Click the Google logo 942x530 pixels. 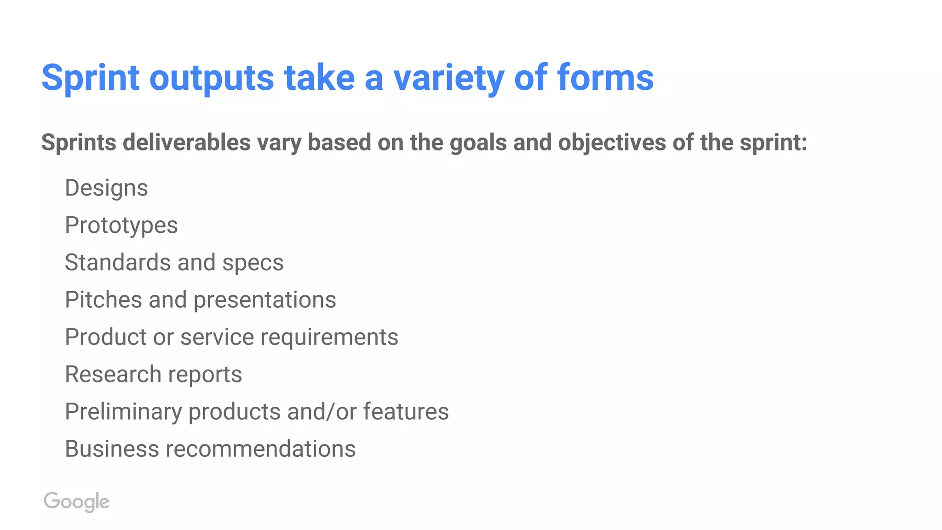(x=76, y=501)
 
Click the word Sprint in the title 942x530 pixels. (x=90, y=77)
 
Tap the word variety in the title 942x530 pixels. (x=448, y=77)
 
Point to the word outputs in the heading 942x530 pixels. (x=212, y=77)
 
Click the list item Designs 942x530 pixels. (x=106, y=188)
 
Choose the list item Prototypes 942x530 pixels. (x=121, y=225)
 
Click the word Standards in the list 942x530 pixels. (x=118, y=262)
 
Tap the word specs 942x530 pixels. (x=253, y=263)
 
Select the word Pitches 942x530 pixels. (x=103, y=300)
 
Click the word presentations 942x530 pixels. (x=265, y=300)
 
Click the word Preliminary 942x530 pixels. (x=123, y=412)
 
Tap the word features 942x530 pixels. (x=406, y=411)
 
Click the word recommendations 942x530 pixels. (x=261, y=449)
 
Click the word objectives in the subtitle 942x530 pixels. (x=612, y=143)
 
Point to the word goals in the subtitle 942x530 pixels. (x=478, y=143)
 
